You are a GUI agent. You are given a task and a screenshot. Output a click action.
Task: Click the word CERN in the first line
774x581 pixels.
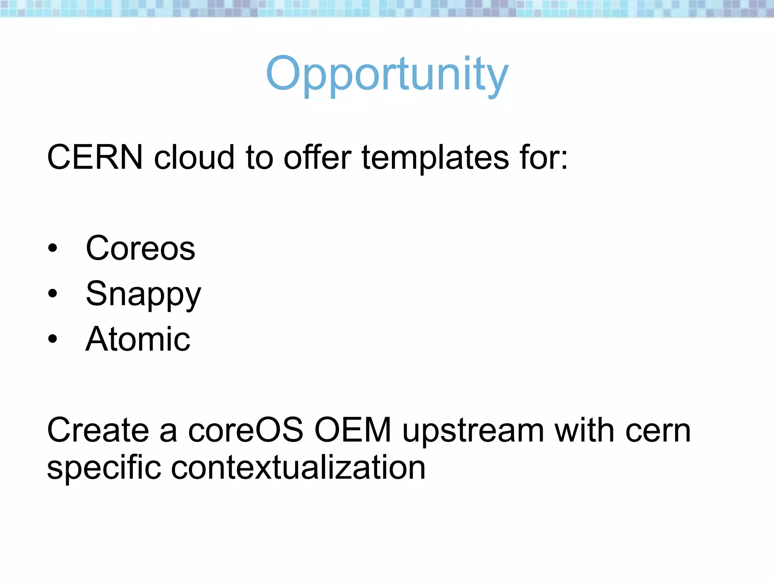(x=95, y=157)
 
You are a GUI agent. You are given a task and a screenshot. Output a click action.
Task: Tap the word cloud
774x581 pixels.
(x=194, y=157)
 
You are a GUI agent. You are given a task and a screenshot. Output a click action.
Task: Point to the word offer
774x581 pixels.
(x=317, y=157)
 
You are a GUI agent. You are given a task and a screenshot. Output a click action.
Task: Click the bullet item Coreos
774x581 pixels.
(x=140, y=248)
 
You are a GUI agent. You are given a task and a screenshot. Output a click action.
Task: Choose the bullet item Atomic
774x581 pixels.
(x=138, y=339)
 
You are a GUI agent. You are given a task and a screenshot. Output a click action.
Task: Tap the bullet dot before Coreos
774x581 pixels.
(x=53, y=249)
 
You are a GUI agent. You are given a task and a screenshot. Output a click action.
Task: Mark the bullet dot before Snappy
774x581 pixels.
(x=53, y=294)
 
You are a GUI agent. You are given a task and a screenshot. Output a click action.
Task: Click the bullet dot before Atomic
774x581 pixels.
(x=53, y=339)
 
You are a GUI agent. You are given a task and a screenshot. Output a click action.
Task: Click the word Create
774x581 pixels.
(x=98, y=430)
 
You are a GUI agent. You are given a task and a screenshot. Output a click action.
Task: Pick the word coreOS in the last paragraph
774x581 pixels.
(x=246, y=430)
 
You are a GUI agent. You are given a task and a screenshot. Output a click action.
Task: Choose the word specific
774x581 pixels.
(x=104, y=468)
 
